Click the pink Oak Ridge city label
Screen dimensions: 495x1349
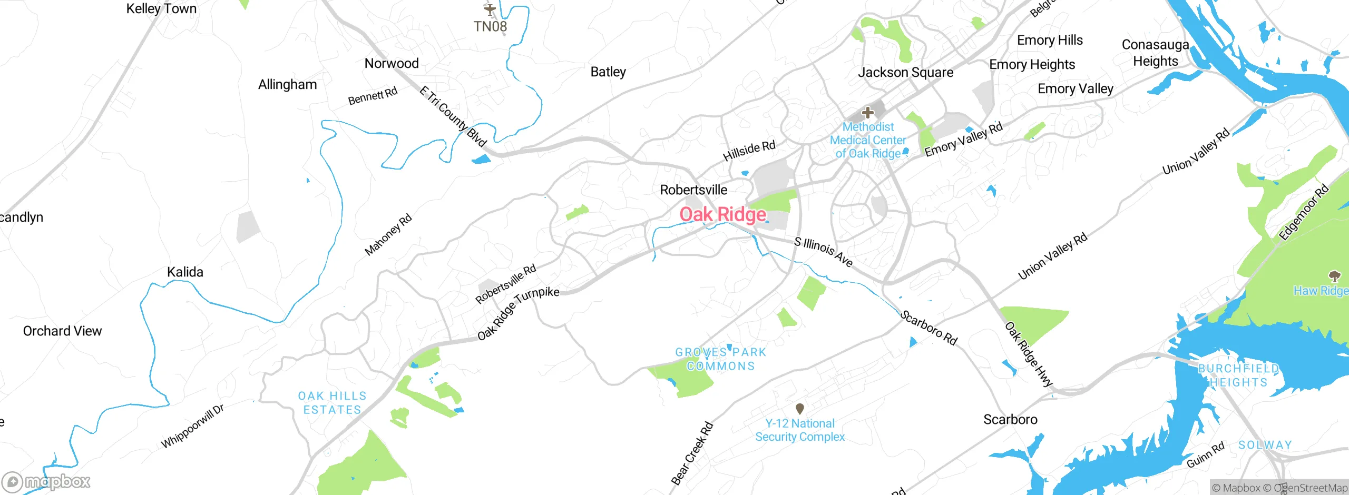[722, 214]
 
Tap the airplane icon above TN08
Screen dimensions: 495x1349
[490, 9]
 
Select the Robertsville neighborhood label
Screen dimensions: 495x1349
[693, 190]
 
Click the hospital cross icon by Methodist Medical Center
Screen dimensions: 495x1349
[867, 112]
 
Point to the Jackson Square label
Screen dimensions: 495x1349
[905, 72]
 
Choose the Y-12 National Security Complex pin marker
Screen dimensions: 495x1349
[799, 408]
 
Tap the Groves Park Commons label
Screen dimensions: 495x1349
[720, 359]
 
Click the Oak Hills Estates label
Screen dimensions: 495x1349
[332, 403]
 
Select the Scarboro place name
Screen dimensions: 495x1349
[1010, 419]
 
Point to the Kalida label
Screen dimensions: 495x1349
[185, 272]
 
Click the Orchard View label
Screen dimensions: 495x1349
[62, 331]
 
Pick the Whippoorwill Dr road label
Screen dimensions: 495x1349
[192, 426]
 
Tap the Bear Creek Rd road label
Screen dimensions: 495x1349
[692, 453]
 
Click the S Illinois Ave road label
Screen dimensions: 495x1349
[823, 251]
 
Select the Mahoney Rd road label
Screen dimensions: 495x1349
[388, 234]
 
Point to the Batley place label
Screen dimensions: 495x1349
[608, 72]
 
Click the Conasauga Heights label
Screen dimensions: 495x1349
[1156, 53]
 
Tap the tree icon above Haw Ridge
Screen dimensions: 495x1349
[1334, 276]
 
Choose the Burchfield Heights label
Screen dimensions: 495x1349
[1238, 375]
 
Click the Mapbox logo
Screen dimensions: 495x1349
[46, 481]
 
